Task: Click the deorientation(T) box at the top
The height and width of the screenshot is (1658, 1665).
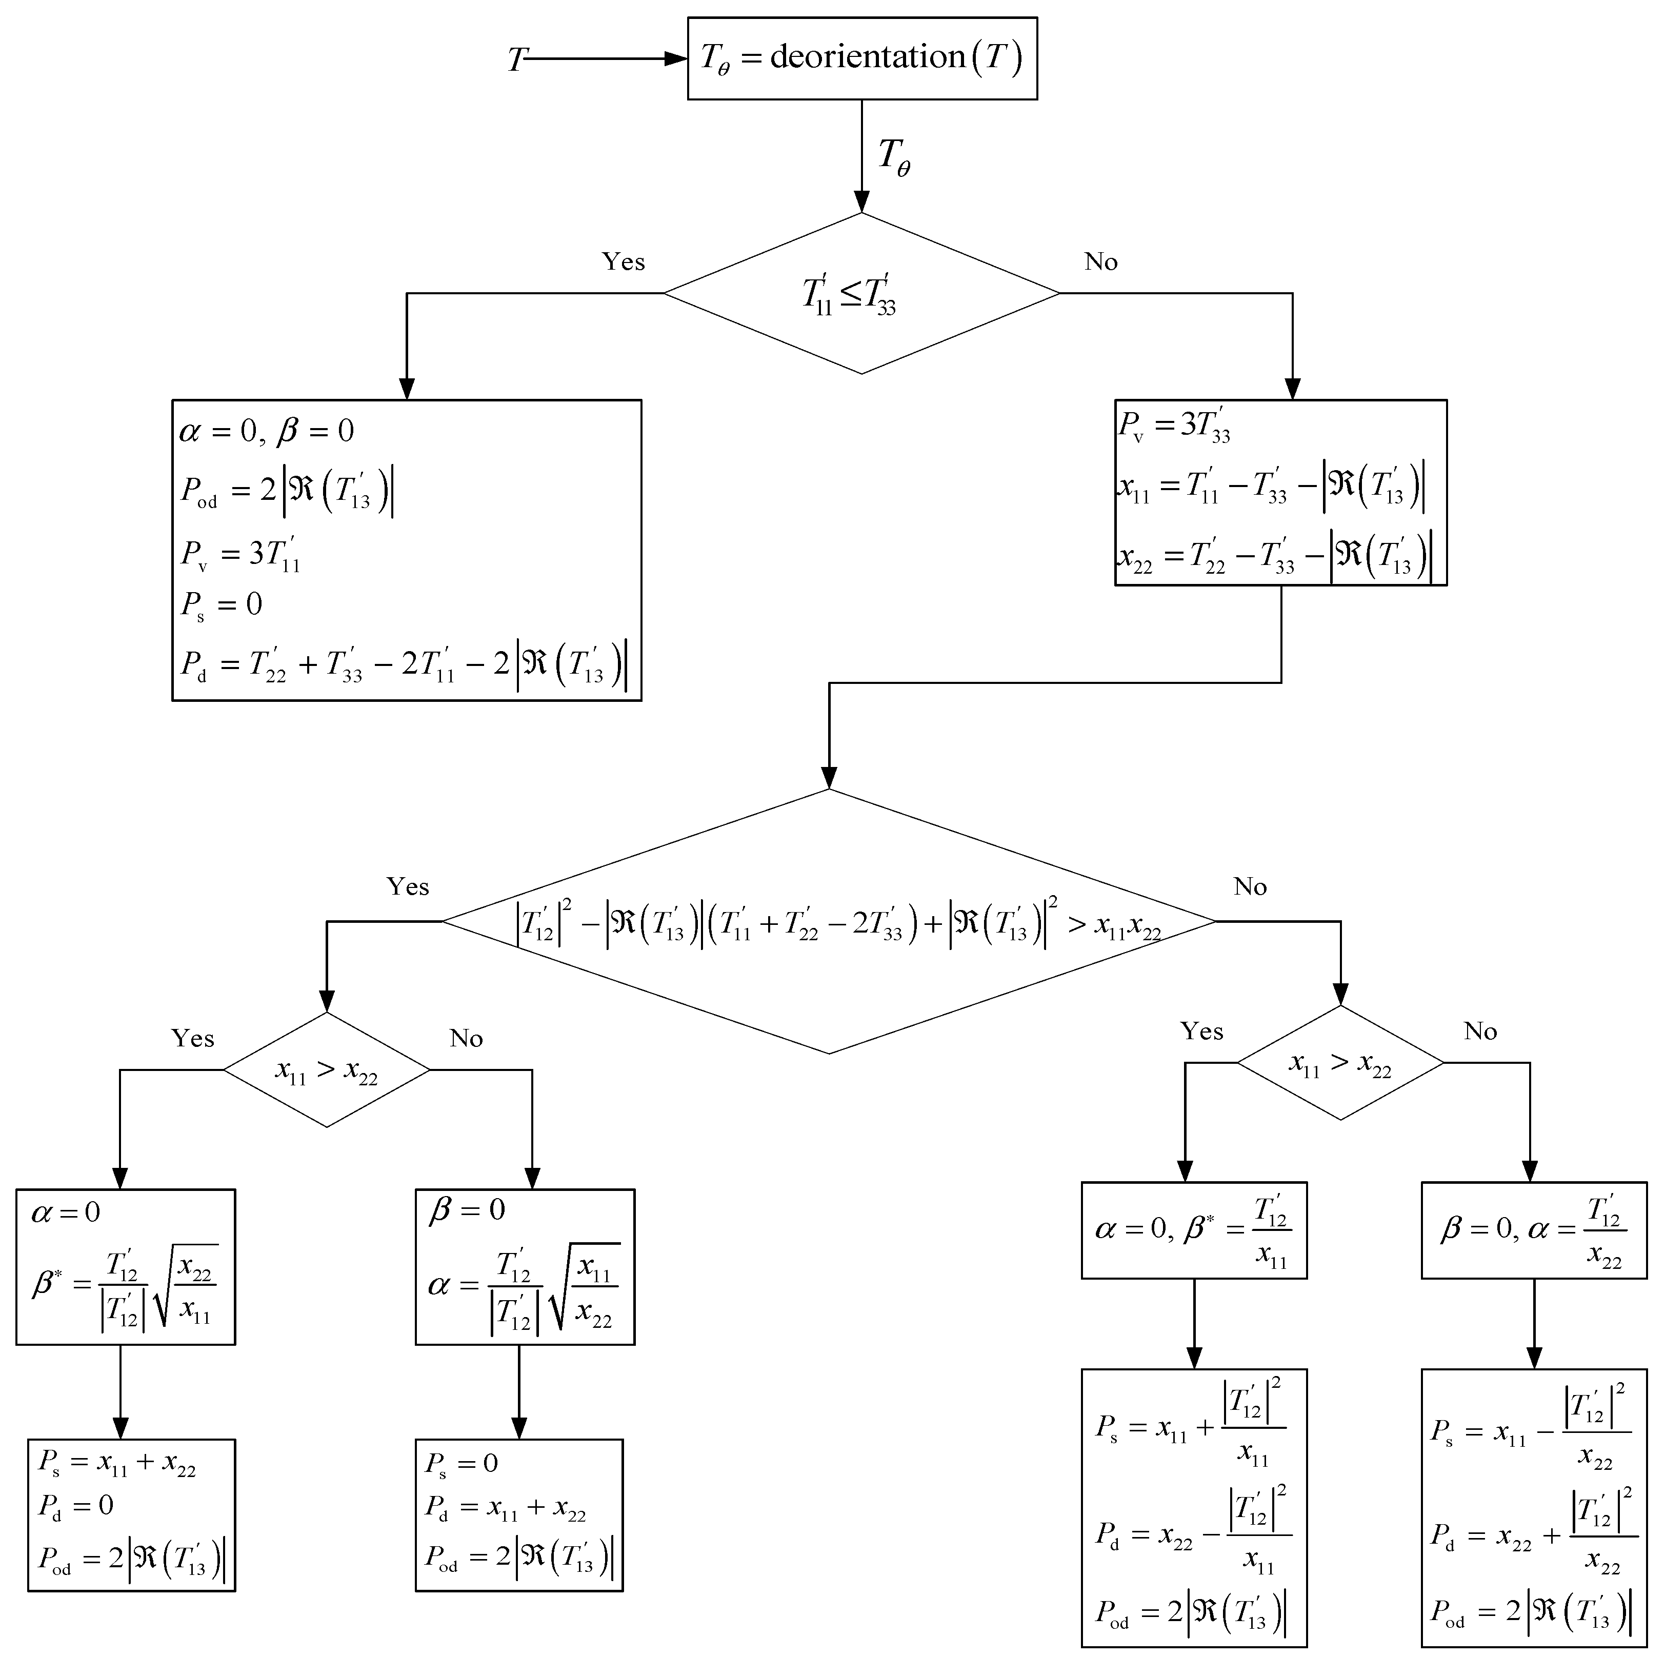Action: [862, 58]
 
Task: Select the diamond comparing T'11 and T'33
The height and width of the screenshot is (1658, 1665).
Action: [862, 294]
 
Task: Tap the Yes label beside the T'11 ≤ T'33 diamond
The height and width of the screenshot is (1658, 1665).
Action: [623, 262]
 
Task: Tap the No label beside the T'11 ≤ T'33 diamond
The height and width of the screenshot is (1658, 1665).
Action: [1100, 262]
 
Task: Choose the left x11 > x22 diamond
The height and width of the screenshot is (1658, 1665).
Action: [327, 1070]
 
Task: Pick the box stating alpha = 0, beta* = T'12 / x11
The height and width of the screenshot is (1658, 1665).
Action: [1194, 1230]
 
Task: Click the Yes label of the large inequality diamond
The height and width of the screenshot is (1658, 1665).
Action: [408, 887]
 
